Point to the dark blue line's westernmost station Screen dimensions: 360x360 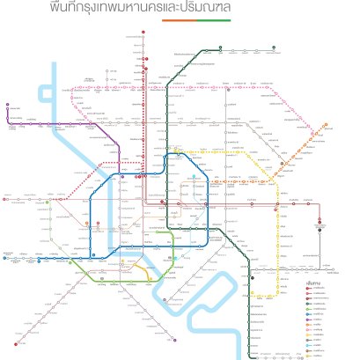[5, 259]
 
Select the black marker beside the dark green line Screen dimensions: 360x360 [253, 278]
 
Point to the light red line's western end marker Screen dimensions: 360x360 [5, 200]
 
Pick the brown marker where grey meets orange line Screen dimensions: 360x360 [283, 163]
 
